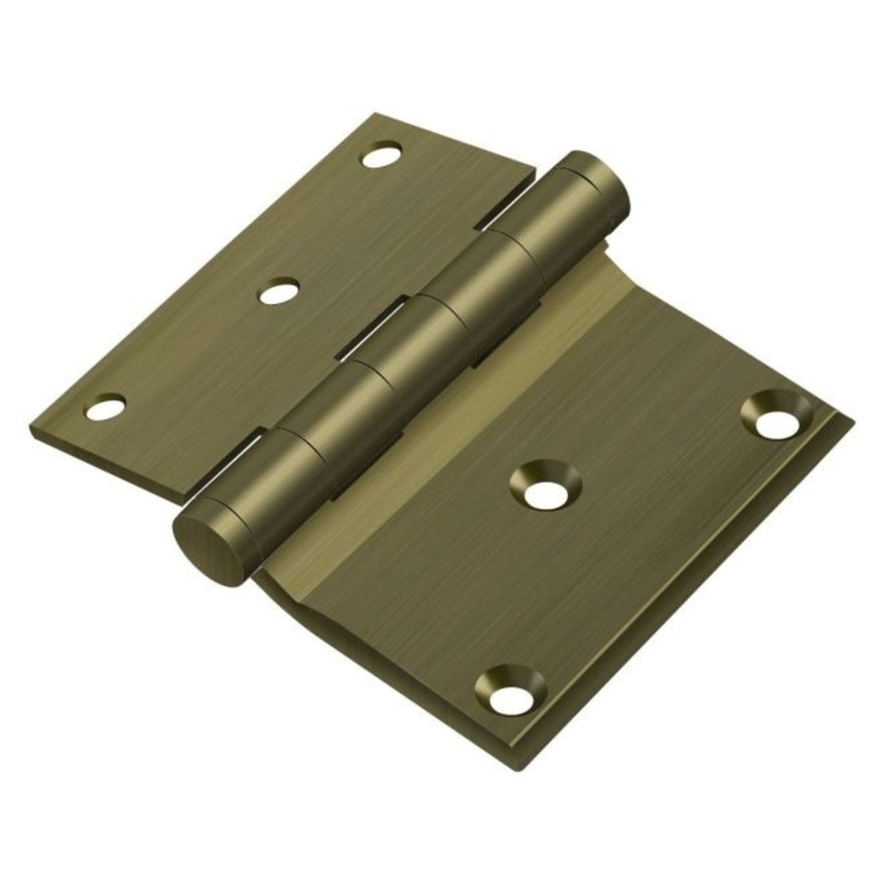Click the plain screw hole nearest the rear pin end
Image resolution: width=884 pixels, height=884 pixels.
coord(381,155)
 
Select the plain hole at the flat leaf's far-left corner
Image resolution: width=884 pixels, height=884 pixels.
coord(105,407)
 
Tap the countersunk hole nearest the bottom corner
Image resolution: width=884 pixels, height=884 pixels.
coord(510,698)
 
